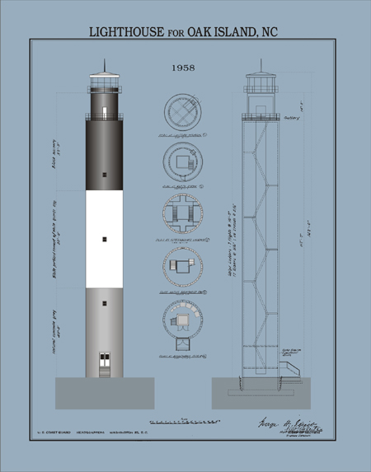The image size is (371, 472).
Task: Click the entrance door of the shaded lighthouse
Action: [x=105, y=360]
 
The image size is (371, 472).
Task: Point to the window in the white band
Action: [x=105, y=239]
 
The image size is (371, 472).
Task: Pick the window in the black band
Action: [x=105, y=175]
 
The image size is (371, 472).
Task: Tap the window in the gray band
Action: [x=105, y=303]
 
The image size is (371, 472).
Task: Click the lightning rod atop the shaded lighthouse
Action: [x=105, y=66]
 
